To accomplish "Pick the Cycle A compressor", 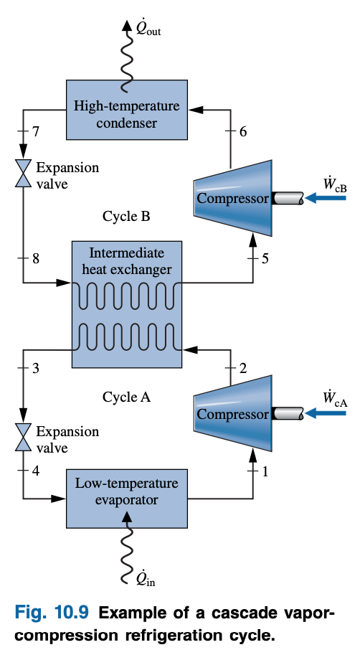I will click(232, 414).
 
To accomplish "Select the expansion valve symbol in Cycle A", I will click(24, 436).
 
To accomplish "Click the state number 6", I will click(242, 132).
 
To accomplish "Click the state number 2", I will click(242, 369).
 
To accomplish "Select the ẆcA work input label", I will click(335, 398).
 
